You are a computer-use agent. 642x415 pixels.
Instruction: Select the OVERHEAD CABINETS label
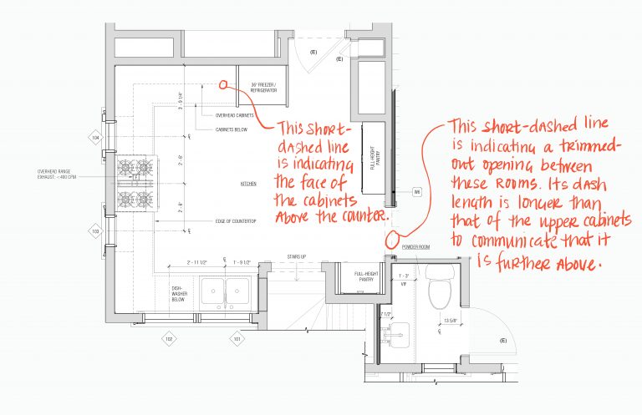click(232, 116)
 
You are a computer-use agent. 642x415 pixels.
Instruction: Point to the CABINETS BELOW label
click(230, 130)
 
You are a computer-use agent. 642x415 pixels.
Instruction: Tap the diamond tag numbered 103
click(95, 230)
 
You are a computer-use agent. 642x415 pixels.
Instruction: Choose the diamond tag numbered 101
click(237, 339)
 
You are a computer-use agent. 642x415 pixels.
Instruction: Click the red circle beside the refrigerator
click(224, 84)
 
